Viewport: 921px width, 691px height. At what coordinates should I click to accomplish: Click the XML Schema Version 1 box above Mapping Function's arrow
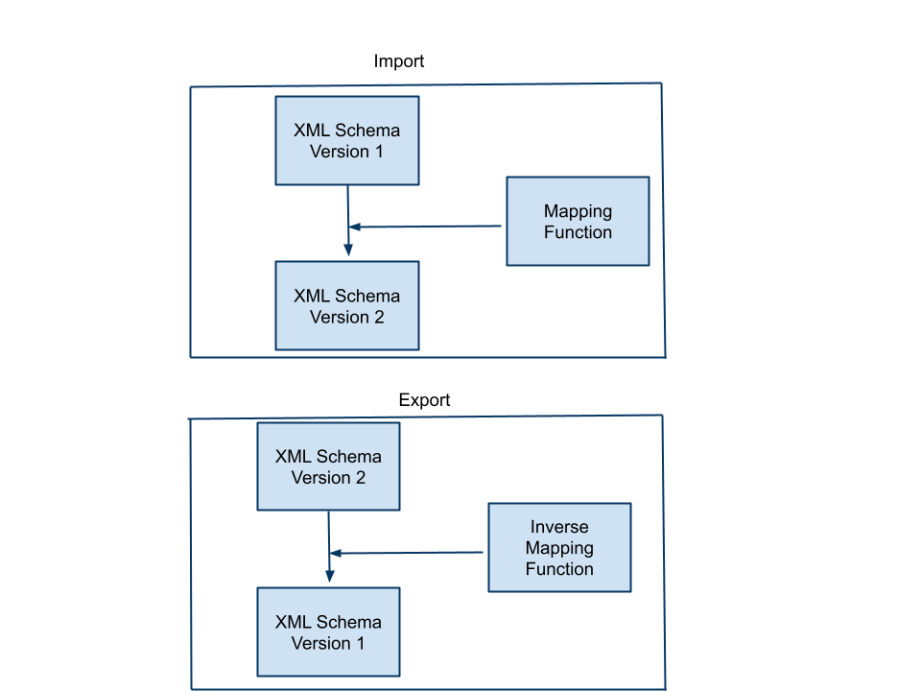(x=346, y=140)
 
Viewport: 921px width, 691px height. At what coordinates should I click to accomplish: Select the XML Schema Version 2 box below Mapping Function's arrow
(x=346, y=305)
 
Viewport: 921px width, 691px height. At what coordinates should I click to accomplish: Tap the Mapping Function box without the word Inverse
(x=578, y=221)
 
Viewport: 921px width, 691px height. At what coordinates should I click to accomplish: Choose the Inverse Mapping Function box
(x=559, y=547)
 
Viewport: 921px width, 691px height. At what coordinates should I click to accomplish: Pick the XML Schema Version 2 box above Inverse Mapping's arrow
(x=328, y=466)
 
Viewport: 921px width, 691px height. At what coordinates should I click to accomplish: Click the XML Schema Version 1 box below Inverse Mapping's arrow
(x=328, y=631)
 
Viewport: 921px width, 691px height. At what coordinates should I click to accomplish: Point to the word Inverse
(x=559, y=527)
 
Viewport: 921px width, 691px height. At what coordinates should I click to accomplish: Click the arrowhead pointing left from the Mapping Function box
(x=354, y=227)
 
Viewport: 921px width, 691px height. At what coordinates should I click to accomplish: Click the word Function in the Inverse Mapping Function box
(x=559, y=569)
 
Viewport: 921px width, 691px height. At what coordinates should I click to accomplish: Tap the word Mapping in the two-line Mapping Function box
(x=578, y=211)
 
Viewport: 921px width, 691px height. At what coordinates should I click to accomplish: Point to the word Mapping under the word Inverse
(x=559, y=548)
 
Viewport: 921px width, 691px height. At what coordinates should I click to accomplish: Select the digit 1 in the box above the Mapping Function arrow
(x=379, y=152)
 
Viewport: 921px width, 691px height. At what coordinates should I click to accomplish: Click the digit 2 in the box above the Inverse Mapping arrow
(x=361, y=478)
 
